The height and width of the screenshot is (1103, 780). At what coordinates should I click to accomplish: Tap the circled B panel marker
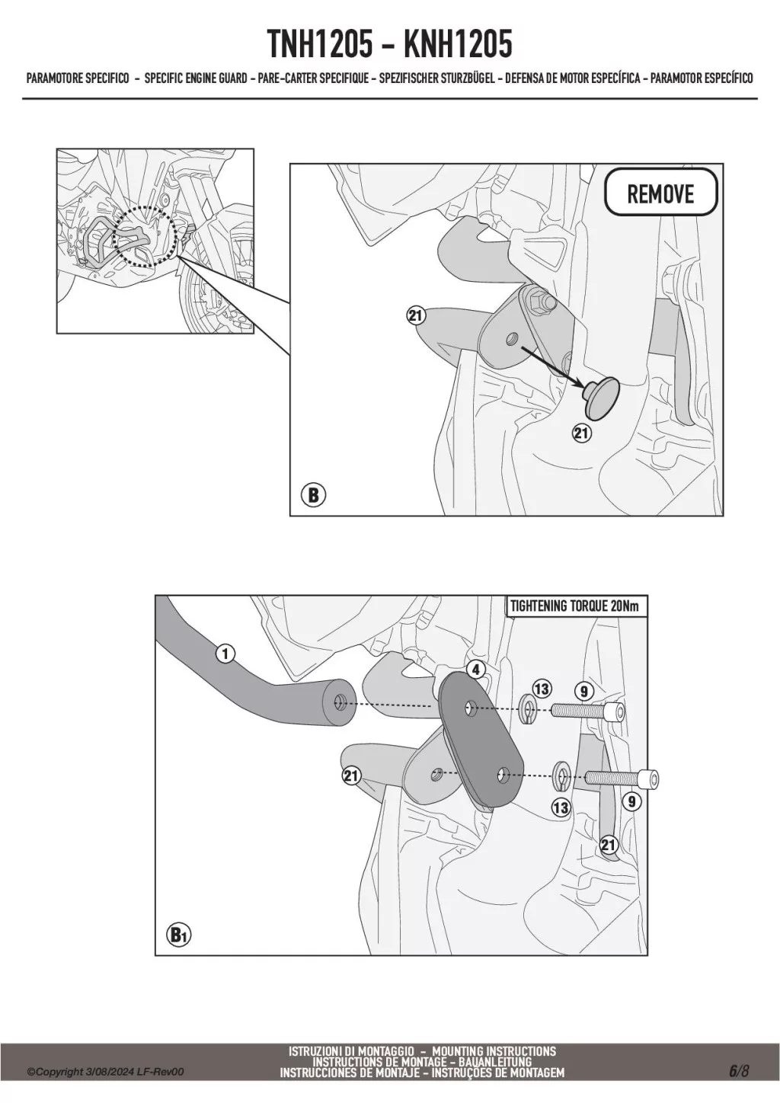[x=314, y=495]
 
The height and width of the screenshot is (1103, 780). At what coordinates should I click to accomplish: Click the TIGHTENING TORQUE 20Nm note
[x=574, y=606]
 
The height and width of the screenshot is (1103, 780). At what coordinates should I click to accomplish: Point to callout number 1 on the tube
[x=225, y=654]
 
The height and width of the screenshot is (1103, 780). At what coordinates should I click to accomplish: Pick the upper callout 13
[x=542, y=689]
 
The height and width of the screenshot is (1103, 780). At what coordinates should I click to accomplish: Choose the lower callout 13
[x=561, y=807]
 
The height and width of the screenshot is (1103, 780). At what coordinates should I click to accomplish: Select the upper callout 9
[x=584, y=692]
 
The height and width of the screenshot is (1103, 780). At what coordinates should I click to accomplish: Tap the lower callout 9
[x=631, y=801]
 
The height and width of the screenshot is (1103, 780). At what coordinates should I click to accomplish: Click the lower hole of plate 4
[x=503, y=775]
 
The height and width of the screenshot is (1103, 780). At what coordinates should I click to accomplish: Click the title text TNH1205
[x=320, y=44]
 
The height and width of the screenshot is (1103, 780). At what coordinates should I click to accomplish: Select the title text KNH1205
[x=458, y=44]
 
